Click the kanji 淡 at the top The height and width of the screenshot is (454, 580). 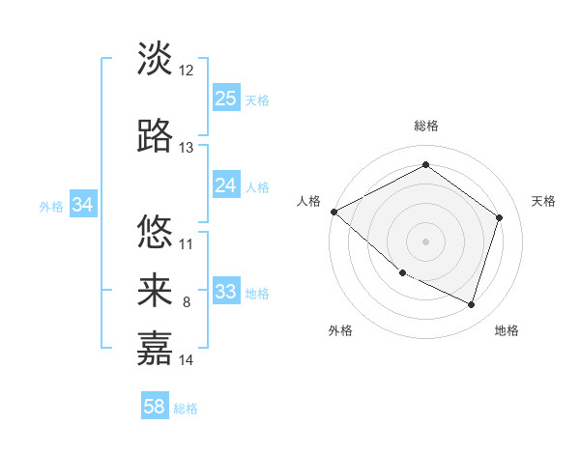click(x=155, y=59)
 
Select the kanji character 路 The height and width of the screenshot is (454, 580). click(x=155, y=136)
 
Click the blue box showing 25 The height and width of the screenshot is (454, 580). click(x=226, y=99)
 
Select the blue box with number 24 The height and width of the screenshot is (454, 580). click(x=226, y=185)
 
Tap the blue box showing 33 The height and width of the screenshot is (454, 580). click(x=226, y=292)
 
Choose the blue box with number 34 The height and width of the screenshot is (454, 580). click(x=82, y=205)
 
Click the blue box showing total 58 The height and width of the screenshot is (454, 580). click(x=155, y=407)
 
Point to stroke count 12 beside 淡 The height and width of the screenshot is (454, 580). click(x=187, y=71)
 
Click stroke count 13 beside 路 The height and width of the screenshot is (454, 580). click(x=187, y=148)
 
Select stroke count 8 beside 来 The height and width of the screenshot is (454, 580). click(x=187, y=302)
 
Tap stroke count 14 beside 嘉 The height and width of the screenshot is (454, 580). click(x=187, y=360)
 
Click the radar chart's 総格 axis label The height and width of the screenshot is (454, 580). click(x=425, y=126)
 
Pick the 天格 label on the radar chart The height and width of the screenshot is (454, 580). click(x=543, y=201)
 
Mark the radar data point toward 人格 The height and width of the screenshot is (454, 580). click(x=333, y=212)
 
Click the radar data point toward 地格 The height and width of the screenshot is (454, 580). click(x=472, y=305)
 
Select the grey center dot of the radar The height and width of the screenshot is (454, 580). click(x=425, y=241)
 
